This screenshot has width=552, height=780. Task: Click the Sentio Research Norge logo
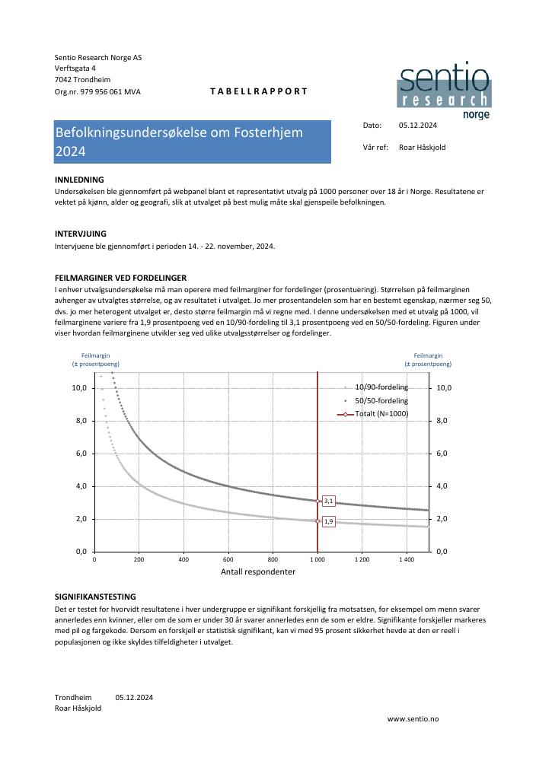click(x=444, y=90)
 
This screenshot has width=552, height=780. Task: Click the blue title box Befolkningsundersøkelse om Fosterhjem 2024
click(x=193, y=142)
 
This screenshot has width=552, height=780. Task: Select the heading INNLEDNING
click(x=79, y=180)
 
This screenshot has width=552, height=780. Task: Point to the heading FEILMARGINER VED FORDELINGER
click(x=120, y=278)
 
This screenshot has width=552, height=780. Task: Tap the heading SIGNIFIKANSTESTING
click(x=95, y=597)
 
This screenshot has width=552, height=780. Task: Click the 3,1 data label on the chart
click(x=329, y=501)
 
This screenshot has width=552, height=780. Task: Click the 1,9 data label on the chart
click(x=329, y=521)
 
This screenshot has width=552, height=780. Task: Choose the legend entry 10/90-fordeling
click(x=381, y=387)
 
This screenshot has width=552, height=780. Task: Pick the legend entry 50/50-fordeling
click(x=381, y=400)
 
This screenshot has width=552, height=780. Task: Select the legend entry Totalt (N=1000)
click(x=381, y=414)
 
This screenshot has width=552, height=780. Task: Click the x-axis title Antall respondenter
click(x=258, y=571)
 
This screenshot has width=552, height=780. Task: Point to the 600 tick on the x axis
click(x=228, y=559)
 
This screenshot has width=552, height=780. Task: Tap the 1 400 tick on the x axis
click(x=407, y=559)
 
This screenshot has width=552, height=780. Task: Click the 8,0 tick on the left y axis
click(x=79, y=421)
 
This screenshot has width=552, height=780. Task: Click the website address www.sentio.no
click(x=413, y=718)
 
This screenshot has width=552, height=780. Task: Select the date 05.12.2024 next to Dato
click(x=417, y=125)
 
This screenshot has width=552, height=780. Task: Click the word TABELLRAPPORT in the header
click(x=259, y=91)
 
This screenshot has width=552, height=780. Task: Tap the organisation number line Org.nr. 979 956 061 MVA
click(x=97, y=91)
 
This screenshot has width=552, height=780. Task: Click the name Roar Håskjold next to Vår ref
click(x=422, y=148)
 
